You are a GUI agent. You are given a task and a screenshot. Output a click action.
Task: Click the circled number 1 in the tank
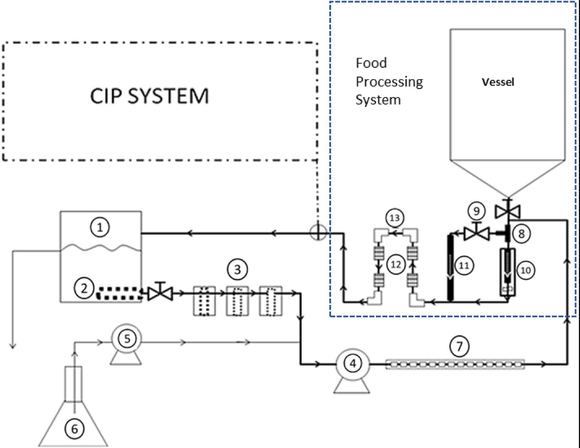pyautogui.click(x=100, y=229)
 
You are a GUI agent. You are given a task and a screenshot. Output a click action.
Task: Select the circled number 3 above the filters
pyautogui.click(x=237, y=270)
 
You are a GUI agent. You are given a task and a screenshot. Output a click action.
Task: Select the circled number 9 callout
pyautogui.click(x=476, y=210)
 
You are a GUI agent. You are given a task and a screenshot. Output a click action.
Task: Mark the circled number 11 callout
pyautogui.click(x=464, y=266)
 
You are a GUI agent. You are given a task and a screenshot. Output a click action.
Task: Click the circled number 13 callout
pyautogui.click(x=394, y=218)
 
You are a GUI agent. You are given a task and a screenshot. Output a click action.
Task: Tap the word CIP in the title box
pyautogui.click(x=109, y=96)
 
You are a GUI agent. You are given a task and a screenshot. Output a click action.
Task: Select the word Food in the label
pyautogui.click(x=371, y=63)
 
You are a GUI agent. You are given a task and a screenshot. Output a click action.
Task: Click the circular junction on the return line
pyautogui.click(x=318, y=234)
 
